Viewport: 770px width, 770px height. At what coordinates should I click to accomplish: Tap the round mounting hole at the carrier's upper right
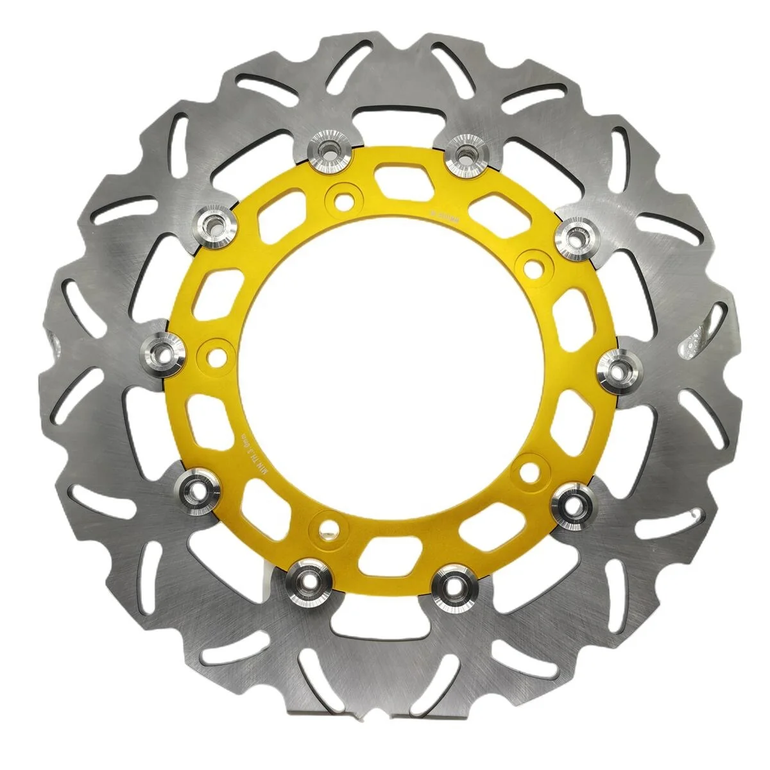(x=529, y=262)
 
